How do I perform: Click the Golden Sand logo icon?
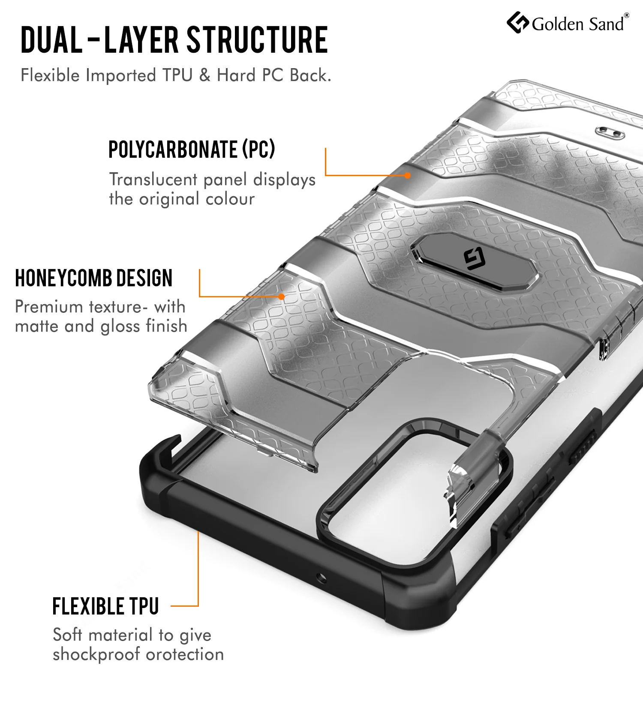pos(518,23)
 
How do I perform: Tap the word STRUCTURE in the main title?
pos(257,39)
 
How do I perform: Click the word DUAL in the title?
pos(51,39)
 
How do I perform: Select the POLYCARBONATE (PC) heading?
pos(192,149)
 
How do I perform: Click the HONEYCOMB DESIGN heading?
pos(94,278)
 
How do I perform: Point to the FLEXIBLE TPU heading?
pos(105,606)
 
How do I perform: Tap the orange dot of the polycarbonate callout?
pos(408,175)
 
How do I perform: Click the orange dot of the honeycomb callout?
pos(281,297)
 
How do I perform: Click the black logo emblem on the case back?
pos(475,260)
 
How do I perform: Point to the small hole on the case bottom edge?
pos(322,578)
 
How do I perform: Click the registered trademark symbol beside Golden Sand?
pos(626,15)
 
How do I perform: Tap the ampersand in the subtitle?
pos(205,75)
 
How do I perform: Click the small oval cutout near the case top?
pos(609,132)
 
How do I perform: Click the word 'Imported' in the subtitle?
pos(121,76)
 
